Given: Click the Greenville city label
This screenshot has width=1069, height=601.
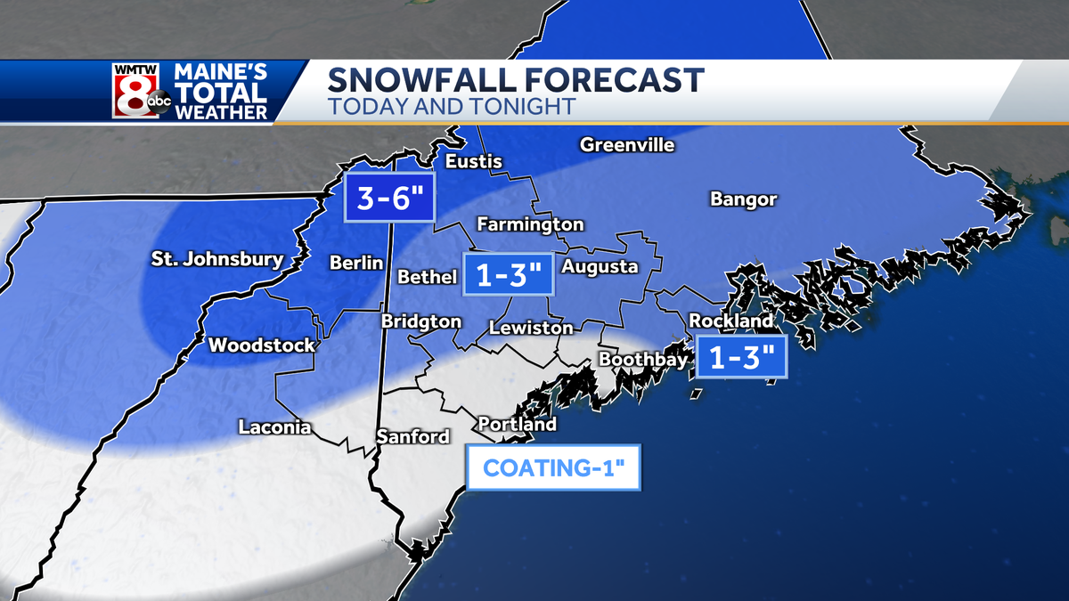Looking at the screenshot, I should [x=627, y=144].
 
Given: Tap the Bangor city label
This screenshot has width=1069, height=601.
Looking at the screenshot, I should [x=743, y=199].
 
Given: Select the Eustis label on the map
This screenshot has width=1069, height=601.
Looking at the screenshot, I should [x=473, y=161].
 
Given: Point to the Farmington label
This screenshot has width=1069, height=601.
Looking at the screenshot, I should [x=530, y=224].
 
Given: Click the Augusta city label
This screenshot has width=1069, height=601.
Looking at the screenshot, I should [x=600, y=266].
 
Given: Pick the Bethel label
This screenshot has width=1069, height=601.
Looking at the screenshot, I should [x=427, y=277].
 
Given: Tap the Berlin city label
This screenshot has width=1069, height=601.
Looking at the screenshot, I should [x=356, y=263].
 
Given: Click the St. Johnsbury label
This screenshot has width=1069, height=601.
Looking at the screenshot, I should [x=216, y=260].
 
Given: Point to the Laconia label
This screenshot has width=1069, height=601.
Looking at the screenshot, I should [x=274, y=427].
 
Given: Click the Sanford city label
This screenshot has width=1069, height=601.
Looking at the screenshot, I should [x=412, y=436].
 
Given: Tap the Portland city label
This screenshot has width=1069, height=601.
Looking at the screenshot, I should [x=517, y=424].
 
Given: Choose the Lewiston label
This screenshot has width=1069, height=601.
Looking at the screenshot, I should [x=531, y=328].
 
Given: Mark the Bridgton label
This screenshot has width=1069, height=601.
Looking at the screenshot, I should [x=421, y=321].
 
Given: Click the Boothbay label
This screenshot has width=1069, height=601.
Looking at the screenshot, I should [x=643, y=359].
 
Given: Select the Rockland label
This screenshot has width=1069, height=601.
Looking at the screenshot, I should [x=731, y=320].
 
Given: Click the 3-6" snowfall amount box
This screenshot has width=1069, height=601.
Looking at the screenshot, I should [x=390, y=198].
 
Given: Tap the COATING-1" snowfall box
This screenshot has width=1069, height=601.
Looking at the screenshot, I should [x=553, y=467].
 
